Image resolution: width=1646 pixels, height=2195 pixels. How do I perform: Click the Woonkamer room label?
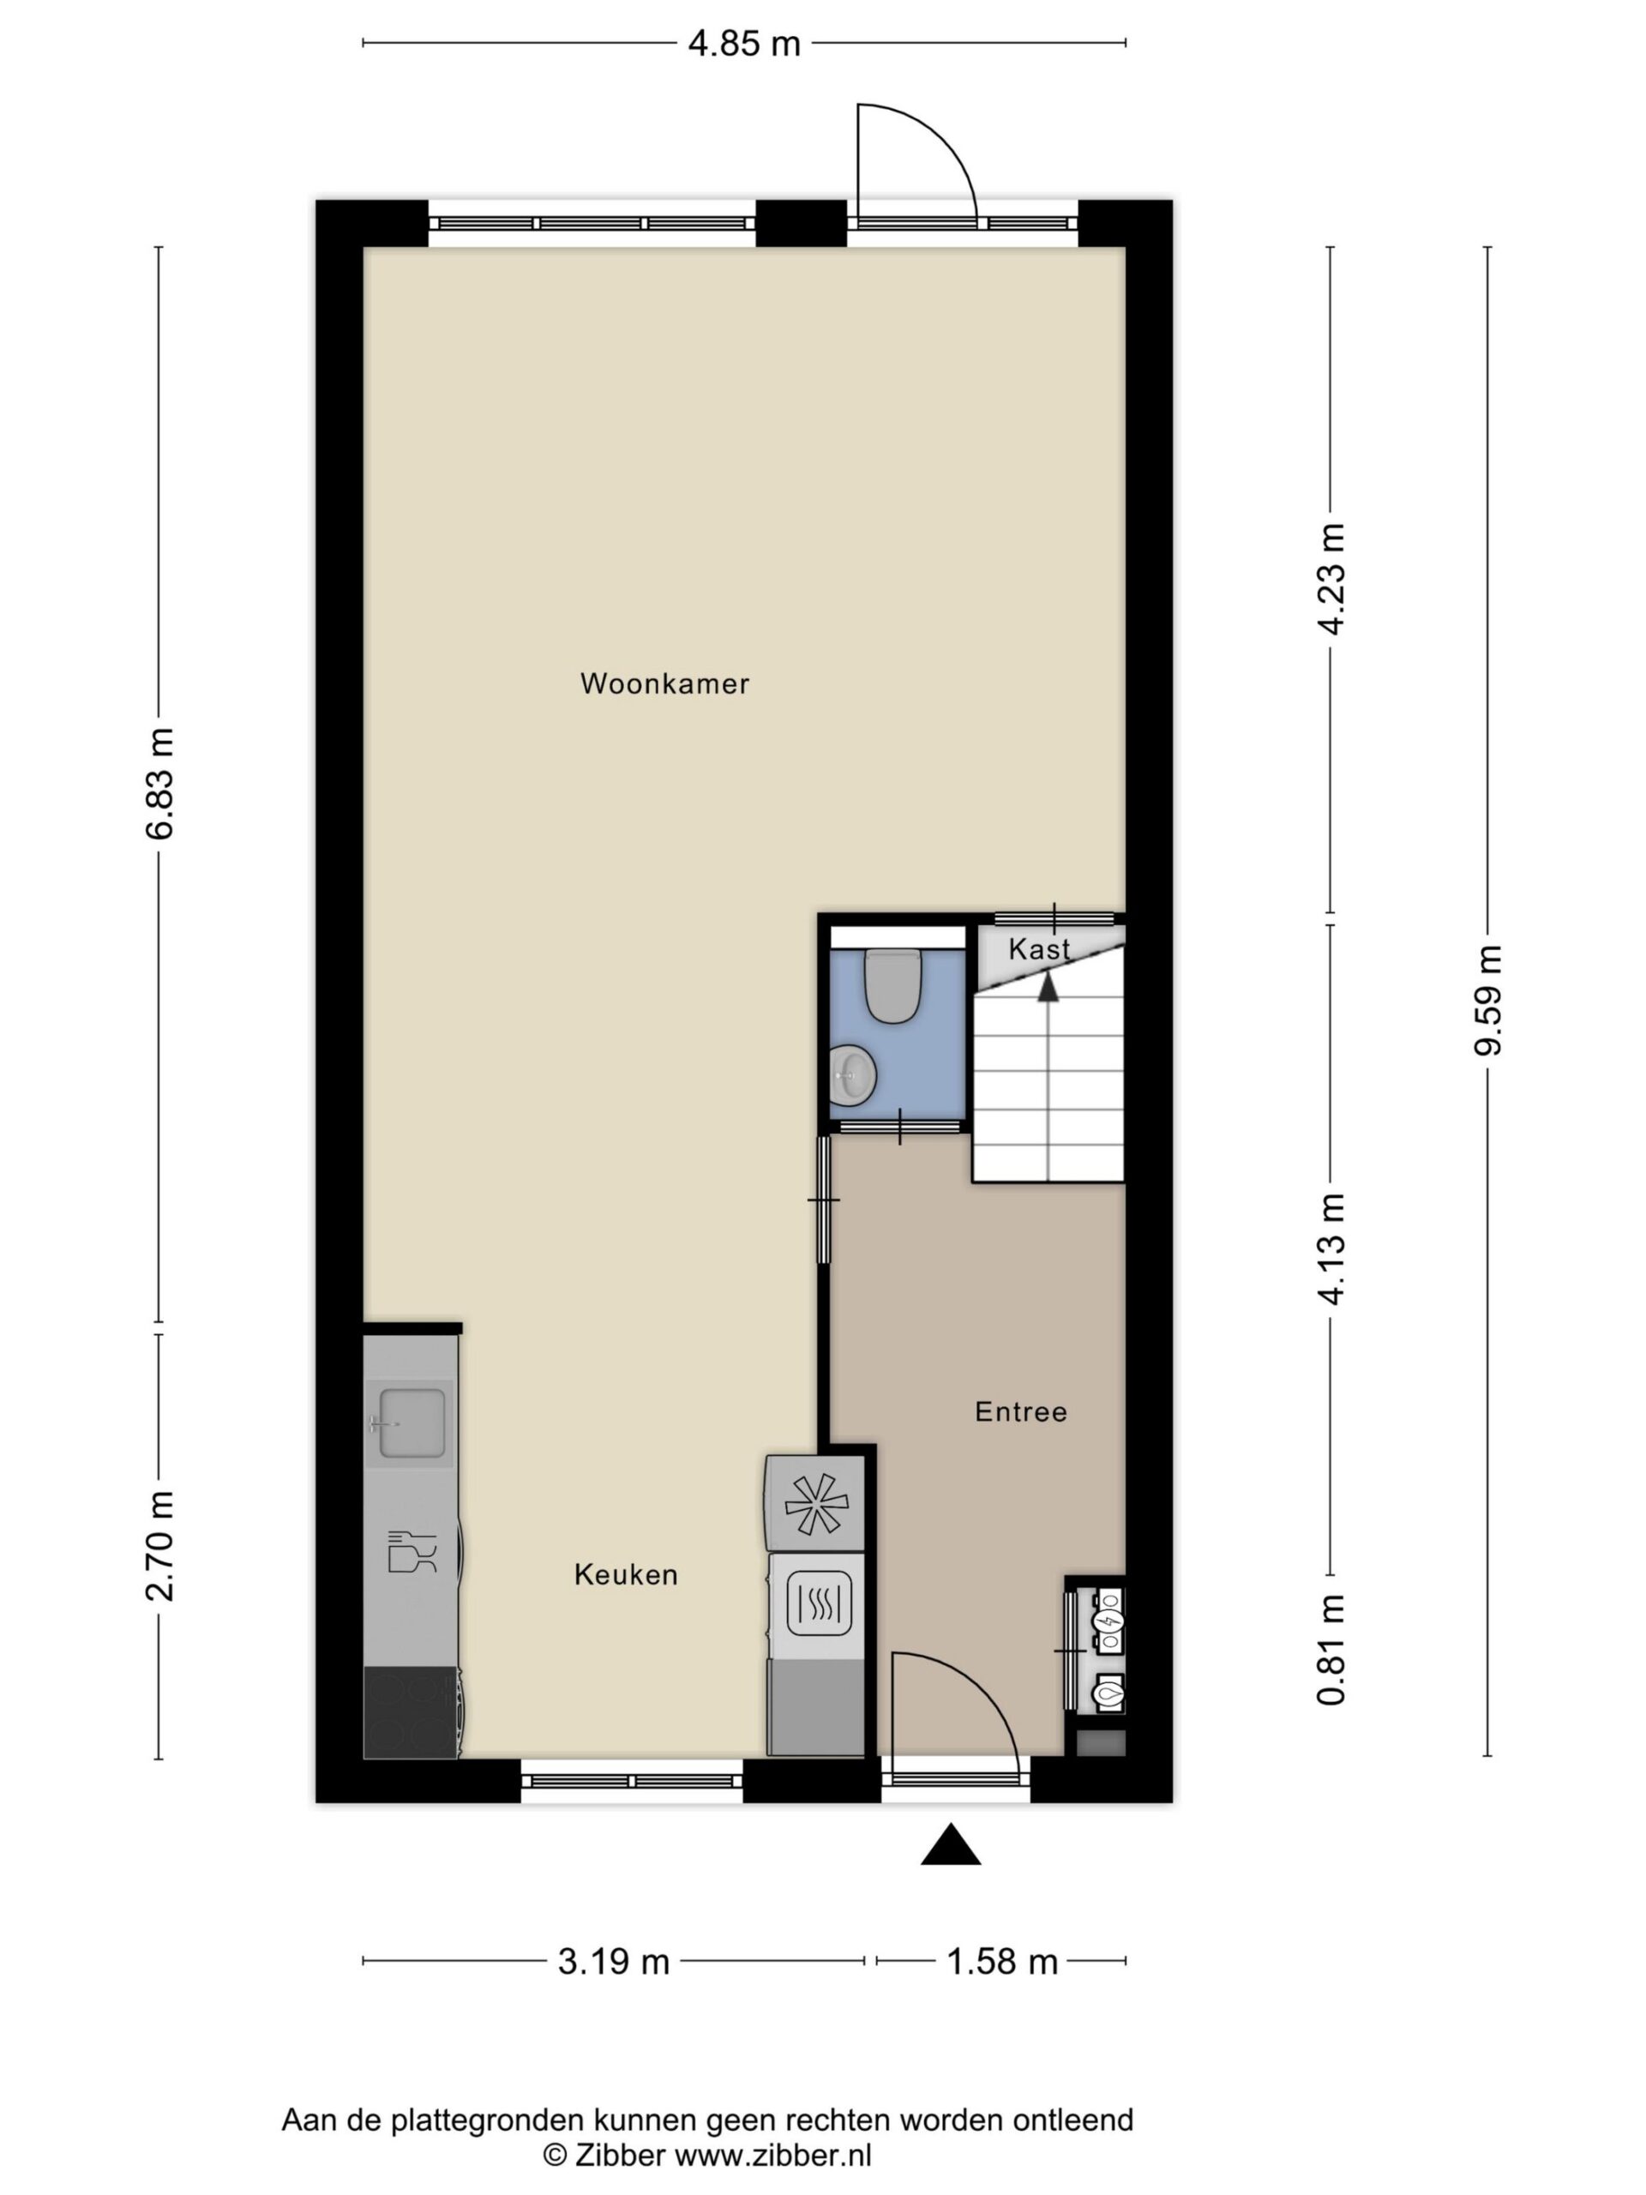664,683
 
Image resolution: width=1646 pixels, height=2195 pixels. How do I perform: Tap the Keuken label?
626,1575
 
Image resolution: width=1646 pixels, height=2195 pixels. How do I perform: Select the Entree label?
1021,1412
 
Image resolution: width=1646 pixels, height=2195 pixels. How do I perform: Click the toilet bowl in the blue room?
893,985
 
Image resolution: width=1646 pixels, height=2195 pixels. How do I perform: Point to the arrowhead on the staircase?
1048,984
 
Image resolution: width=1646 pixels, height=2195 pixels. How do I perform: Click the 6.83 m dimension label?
159,783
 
